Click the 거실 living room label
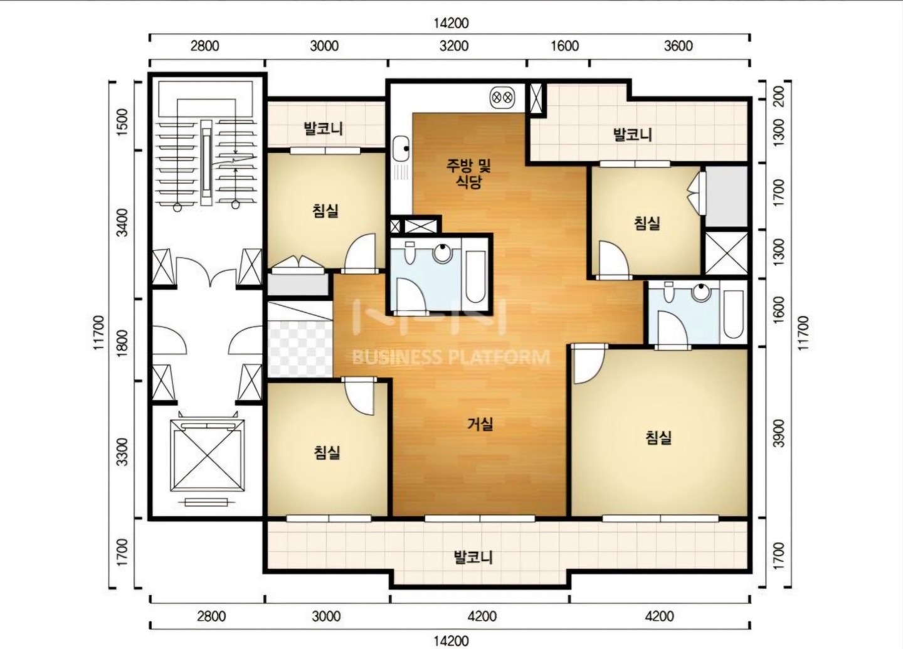[x=480, y=424]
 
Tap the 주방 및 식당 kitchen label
[x=469, y=173]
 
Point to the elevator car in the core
[x=207, y=455]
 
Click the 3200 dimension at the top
[x=454, y=46]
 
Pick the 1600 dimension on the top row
[x=565, y=46]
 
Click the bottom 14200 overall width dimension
[x=451, y=641]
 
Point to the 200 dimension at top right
[x=779, y=96]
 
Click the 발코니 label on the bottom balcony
[x=473, y=557]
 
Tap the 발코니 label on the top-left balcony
[x=324, y=129]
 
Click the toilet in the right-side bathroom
[x=668, y=292]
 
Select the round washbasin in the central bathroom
[x=443, y=252]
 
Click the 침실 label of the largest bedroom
[x=658, y=438]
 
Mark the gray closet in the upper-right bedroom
[x=726, y=196]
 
